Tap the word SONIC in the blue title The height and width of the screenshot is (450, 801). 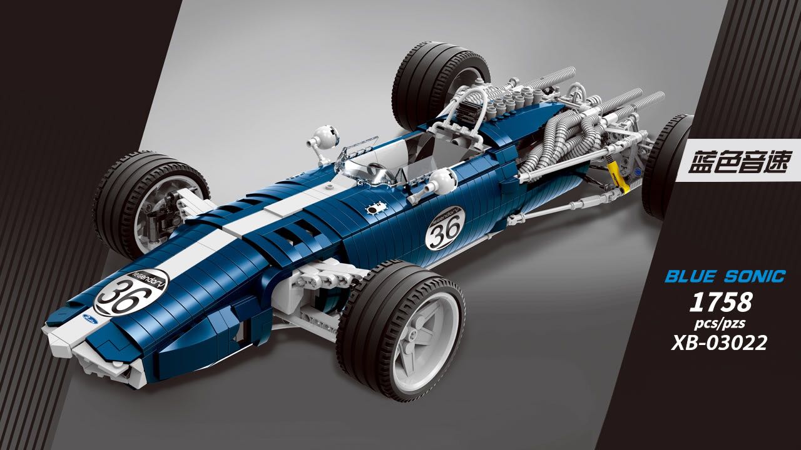[754, 277]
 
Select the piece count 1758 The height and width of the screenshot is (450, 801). [720, 302]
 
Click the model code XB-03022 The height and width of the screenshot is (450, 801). [720, 344]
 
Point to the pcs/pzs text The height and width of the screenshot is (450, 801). [720, 324]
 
